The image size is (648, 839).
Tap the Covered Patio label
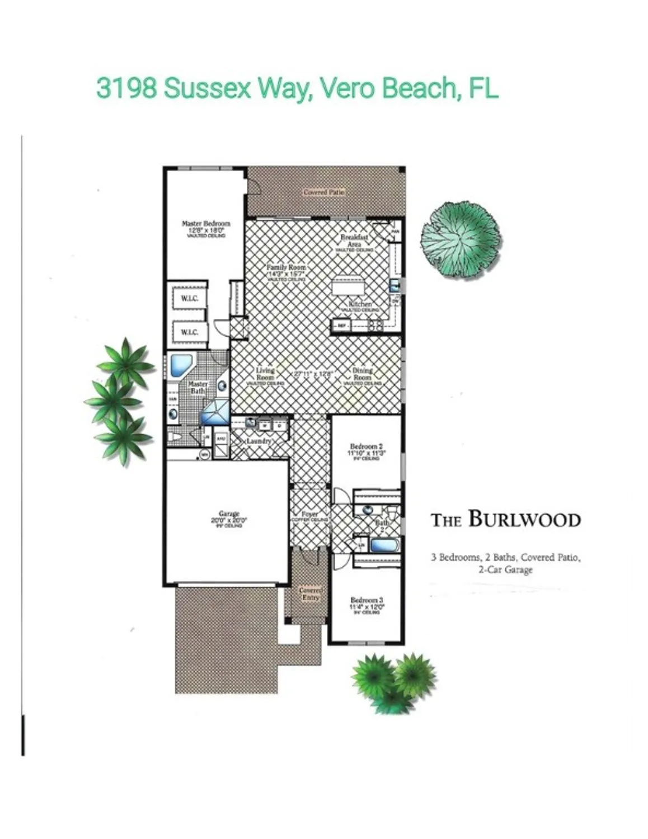tap(324, 192)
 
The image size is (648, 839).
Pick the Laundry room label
tap(259, 441)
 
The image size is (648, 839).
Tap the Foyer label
tap(309, 514)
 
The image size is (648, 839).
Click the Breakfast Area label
tap(354, 241)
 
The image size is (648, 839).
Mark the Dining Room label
tap(362, 374)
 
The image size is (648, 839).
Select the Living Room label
tap(265, 374)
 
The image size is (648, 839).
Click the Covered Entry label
tap(310, 593)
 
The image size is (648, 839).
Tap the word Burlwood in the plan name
tap(524, 519)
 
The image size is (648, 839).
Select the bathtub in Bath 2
tap(383, 544)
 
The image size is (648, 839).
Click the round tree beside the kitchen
tap(460, 238)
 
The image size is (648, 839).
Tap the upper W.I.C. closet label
tap(189, 299)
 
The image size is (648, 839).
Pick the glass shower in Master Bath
tap(215, 413)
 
